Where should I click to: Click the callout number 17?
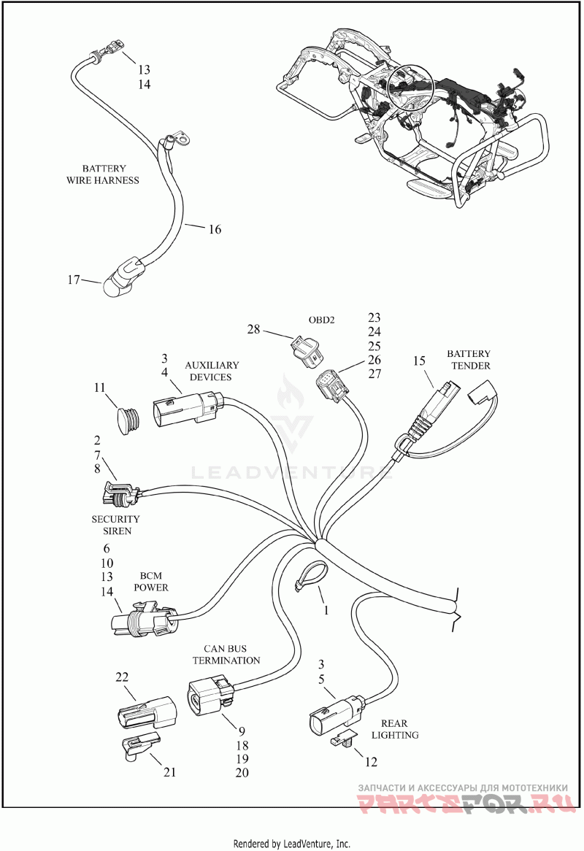[x=73, y=280]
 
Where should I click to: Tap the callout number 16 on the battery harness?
[x=215, y=229]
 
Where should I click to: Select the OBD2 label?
[x=321, y=320]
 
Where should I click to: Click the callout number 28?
[x=253, y=329]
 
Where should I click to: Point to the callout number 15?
[x=419, y=361]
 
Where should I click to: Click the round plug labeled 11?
[x=129, y=420]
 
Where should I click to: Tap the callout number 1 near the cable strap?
[x=326, y=610]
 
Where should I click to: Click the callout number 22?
[x=122, y=677]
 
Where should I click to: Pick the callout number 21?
[x=170, y=771]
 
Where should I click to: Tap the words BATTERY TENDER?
[x=469, y=359]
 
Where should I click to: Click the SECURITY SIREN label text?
[x=115, y=525]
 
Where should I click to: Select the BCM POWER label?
[x=151, y=581]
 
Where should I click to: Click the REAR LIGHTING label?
[x=395, y=729]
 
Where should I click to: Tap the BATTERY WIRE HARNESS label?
[x=103, y=174]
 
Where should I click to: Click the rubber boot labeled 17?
[x=124, y=277]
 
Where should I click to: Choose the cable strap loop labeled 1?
[x=312, y=577]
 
